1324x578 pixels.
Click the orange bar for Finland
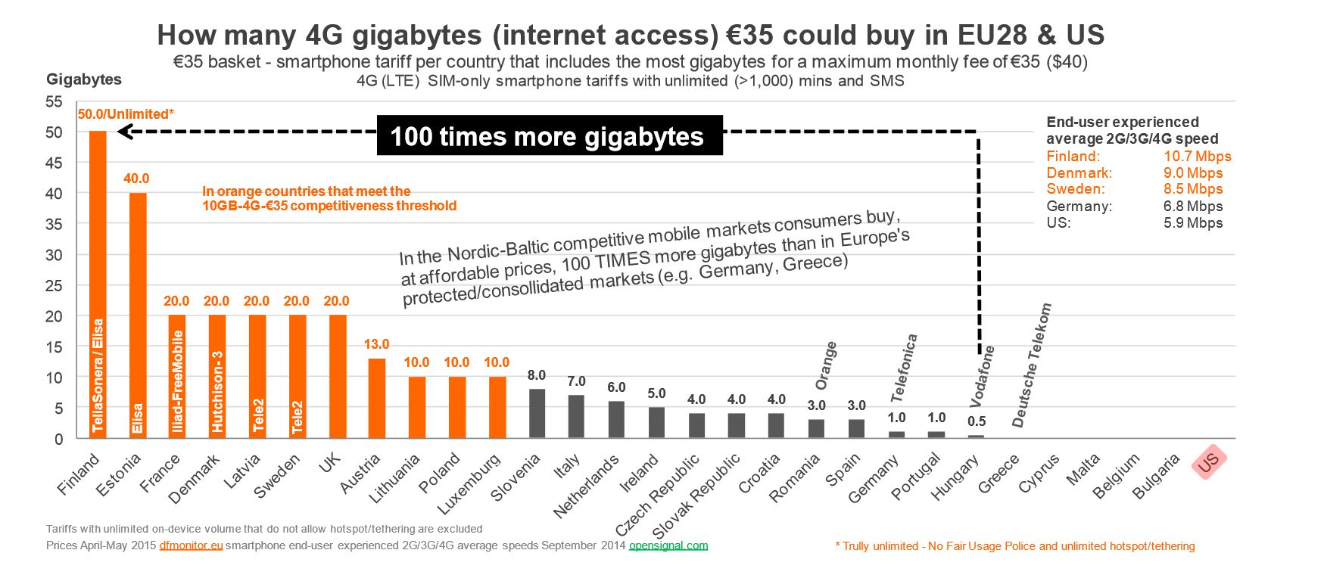tap(98, 284)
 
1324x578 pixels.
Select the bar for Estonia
tap(138, 315)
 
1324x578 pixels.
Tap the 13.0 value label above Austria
tap(376, 344)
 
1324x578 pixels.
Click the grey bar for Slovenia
tap(537, 413)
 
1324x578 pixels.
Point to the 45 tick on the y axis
tap(54, 163)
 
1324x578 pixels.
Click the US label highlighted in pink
tap(1208, 461)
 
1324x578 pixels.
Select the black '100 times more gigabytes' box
tap(549, 136)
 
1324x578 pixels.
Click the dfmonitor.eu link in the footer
tap(191, 545)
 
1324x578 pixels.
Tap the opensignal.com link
tap(668, 545)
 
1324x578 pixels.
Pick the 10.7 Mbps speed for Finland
tap(1197, 157)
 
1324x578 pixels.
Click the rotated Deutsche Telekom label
tap(1032, 365)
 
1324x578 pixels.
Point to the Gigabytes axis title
tap(84, 79)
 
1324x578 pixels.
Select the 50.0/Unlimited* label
tap(126, 114)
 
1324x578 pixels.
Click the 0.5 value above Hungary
tap(977, 421)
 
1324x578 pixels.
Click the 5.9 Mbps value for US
tap(1193, 223)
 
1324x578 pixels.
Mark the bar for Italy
tap(576, 416)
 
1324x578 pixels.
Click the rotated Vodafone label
tap(983, 376)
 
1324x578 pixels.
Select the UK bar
tap(338, 376)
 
